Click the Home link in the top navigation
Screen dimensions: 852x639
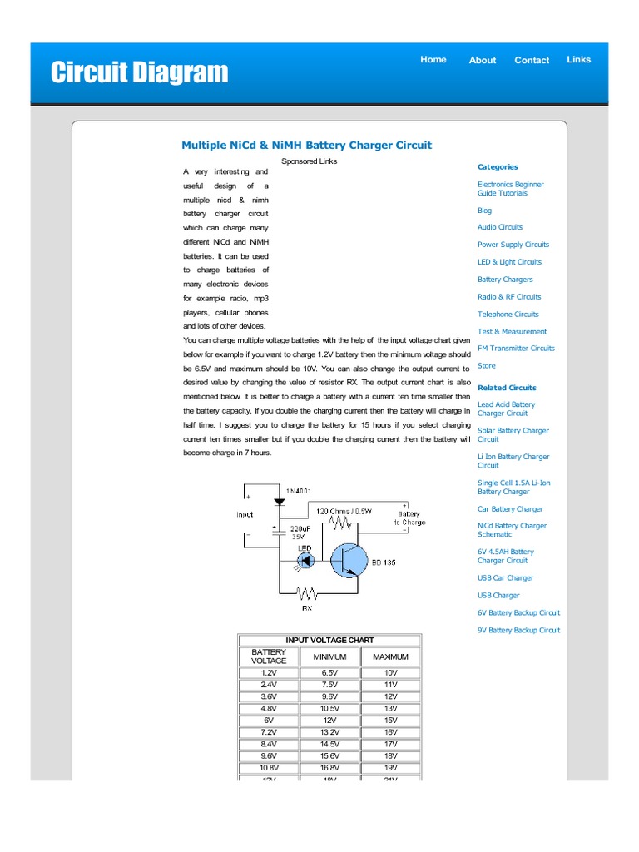click(x=433, y=60)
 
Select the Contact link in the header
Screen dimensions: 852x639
click(x=532, y=60)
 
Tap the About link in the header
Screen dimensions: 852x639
click(x=482, y=60)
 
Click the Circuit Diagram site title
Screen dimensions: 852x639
click(x=139, y=72)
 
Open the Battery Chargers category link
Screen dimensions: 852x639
click(x=505, y=280)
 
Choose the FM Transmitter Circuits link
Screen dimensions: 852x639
click(x=516, y=349)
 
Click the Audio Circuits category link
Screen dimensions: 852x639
click(x=500, y=227)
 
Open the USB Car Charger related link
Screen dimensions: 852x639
click(x=505, y=578)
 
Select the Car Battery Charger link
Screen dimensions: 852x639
click(x=510, y=509)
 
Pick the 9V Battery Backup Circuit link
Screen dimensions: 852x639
click(x=518, y=631)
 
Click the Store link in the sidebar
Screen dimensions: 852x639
click(x=486, y=366)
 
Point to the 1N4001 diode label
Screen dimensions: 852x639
click(x=299, y=492)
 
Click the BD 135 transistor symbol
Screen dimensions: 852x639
click(x=347, y=561)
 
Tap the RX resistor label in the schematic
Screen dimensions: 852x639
click(x=306, y=608)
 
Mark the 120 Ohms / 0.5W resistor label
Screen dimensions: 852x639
click(x=344, y=509)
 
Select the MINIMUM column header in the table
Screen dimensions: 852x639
click(x=329, y=657)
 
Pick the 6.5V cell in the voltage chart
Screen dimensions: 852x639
click(x=329, y=672)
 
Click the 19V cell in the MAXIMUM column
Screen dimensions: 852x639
click(x=391, y=768)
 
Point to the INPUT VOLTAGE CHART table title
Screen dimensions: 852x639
click(x=329, y=641)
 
